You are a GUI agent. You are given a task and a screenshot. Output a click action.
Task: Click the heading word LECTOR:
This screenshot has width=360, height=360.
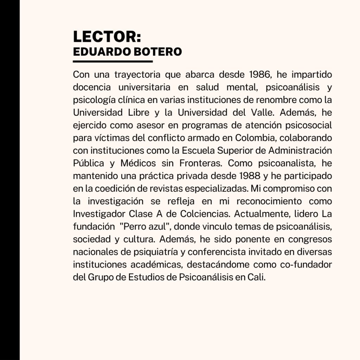coord(107,37)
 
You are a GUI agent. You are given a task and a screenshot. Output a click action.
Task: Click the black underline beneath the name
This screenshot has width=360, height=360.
coord(113,62)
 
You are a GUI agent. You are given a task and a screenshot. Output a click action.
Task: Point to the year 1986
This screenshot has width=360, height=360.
coord(261,75)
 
